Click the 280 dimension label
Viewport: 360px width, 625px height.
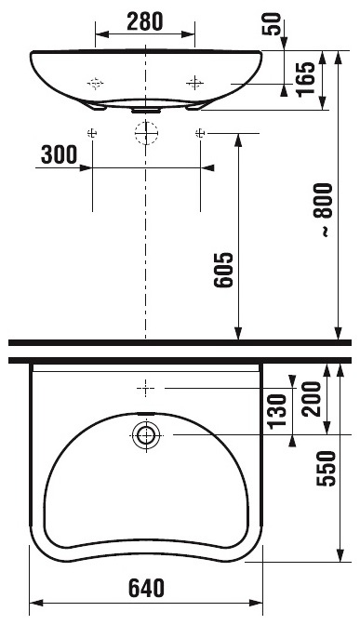pyautogui.click(x=145, y=21)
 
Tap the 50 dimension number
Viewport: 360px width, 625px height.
pyautogui.click(x=272, y=23)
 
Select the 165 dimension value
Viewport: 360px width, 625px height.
pyautogui.click(x=306, y=79)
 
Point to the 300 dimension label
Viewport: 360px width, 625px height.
pyautogui.click(x=59, y=154)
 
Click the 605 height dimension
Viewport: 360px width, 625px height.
pyautogui.click(x=223, y=270)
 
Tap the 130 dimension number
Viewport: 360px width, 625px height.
pyautogui.click(x=277, y=411)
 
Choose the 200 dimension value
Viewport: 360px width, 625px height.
pyautogui.click(x=312, y=399)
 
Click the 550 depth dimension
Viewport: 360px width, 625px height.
pyautogui.click(x=326, y=469)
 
